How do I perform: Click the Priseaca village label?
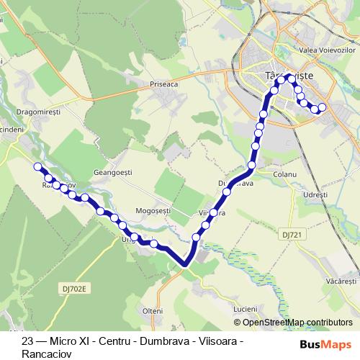(x=164, y=83)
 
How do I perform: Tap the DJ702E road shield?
(x=72, y=289)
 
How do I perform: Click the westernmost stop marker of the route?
(x=37, y=167)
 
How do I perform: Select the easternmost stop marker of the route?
(x=322, y=107)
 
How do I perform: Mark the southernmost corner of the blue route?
(x=186, y=264)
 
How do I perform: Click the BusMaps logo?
(x=324, y=344)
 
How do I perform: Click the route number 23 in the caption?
(x=28, y=341)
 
